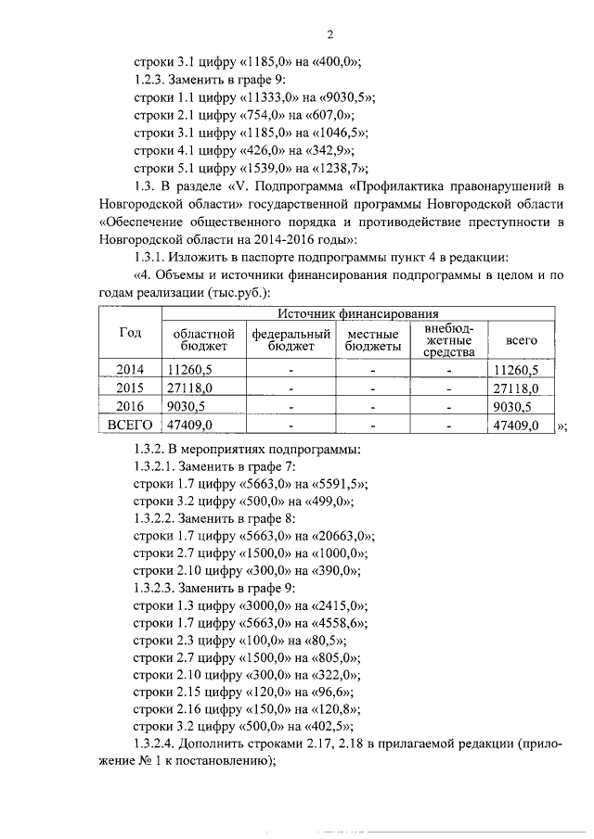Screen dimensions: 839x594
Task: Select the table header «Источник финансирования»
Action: click(358, 315)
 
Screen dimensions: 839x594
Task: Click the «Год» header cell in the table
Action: click(129, 334)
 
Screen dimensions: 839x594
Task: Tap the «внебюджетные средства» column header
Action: click(449, 340)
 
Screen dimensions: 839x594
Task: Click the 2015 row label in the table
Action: click(129, 388)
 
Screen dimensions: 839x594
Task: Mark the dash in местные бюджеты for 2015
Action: click(372, 388)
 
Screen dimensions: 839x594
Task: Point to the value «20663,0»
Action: click(342, 535)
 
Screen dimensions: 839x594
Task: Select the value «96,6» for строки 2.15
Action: click(331, 692)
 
